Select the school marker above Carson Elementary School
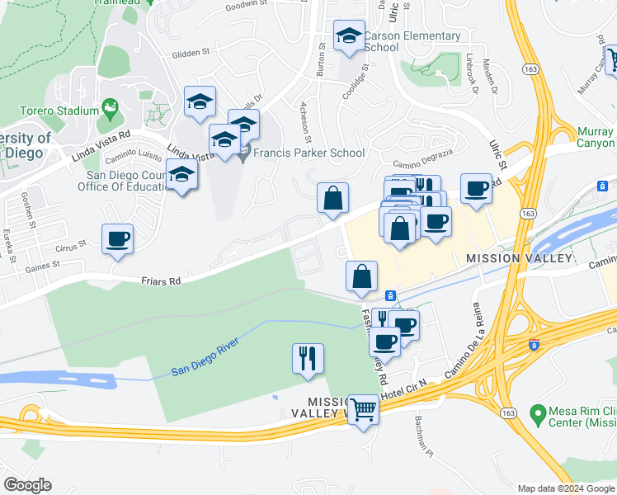tap(349, 36)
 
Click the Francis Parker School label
tap(308, 153)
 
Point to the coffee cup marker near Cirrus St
tap(117, 239)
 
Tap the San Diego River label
tap(205, 356)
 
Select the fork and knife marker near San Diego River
tap(308, 359)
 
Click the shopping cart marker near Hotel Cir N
tap(363, 408)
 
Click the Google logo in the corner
tap(27, 484)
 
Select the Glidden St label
tap(191, 54)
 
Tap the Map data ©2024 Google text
tap(565, 488)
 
